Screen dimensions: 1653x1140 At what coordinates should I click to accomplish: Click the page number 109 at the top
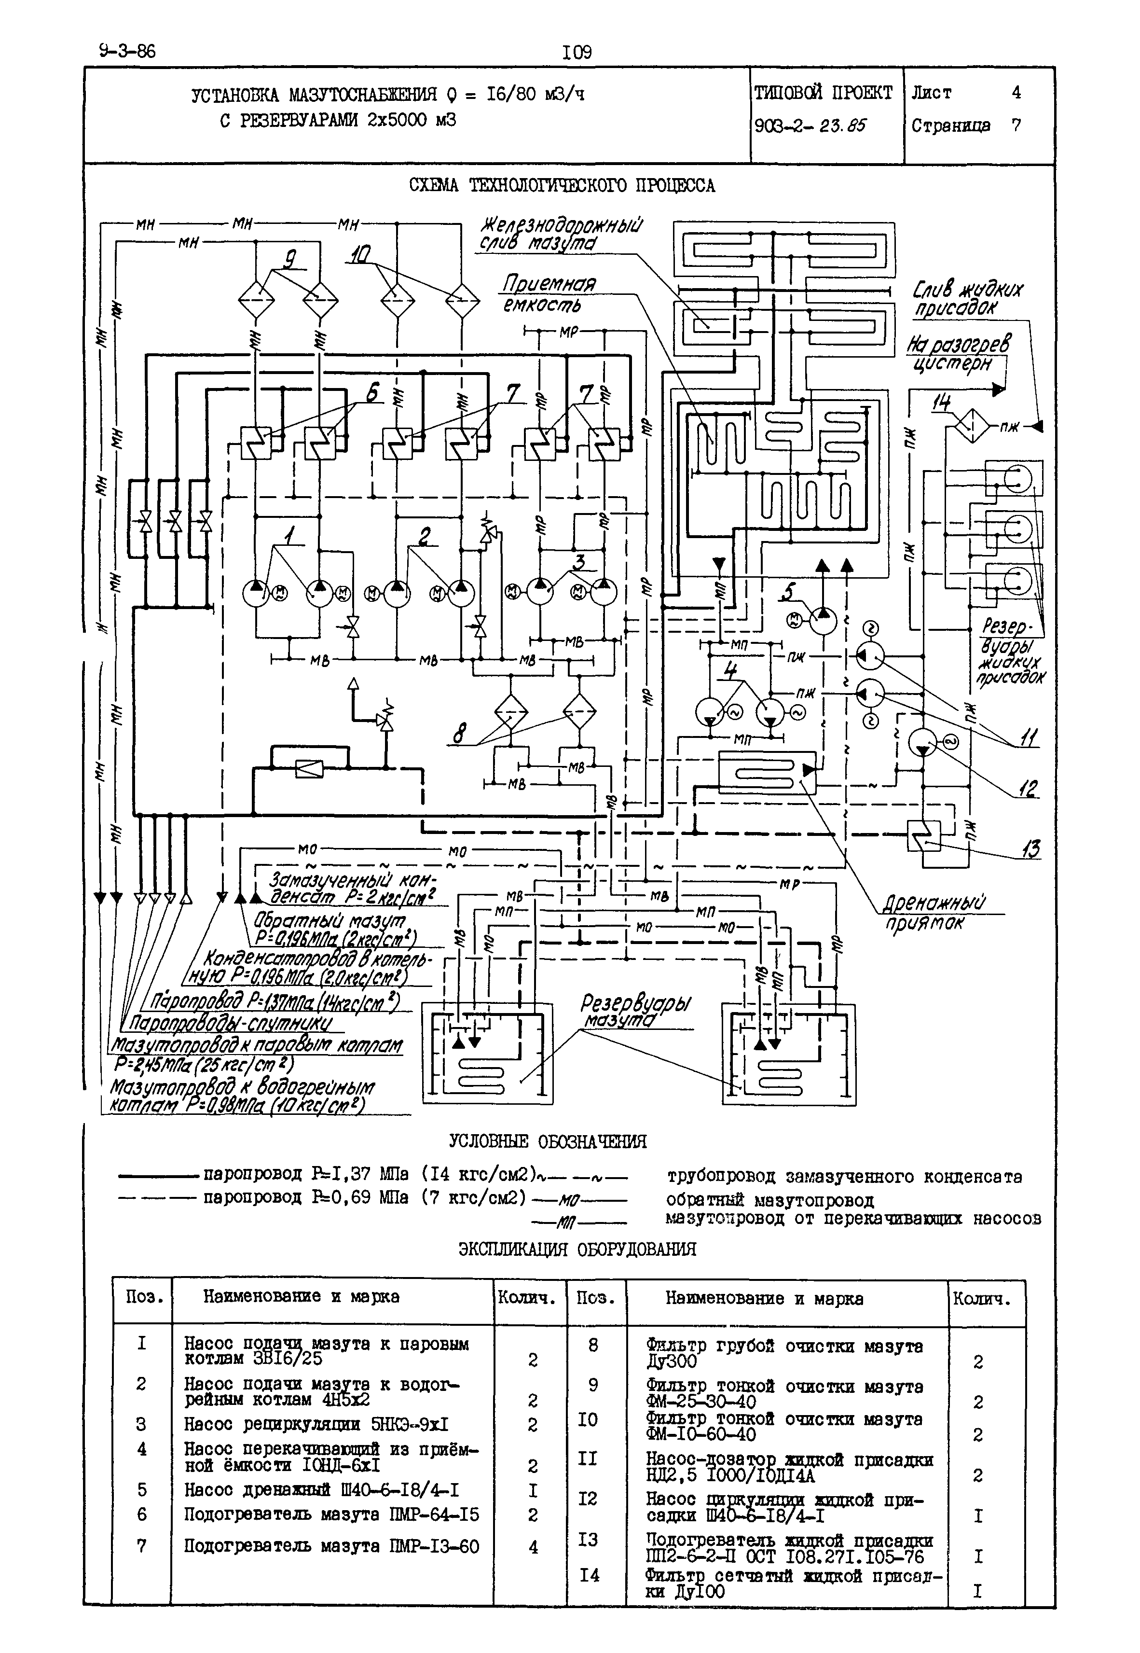click(x=577, y=52)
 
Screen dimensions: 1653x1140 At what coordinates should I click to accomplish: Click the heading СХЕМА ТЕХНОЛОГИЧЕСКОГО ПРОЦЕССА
click(x=562, y=186)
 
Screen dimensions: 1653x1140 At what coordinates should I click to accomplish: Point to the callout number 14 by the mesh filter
click(x=941, y=403)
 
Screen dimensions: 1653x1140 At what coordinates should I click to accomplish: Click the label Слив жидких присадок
click(x=968, y=299)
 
